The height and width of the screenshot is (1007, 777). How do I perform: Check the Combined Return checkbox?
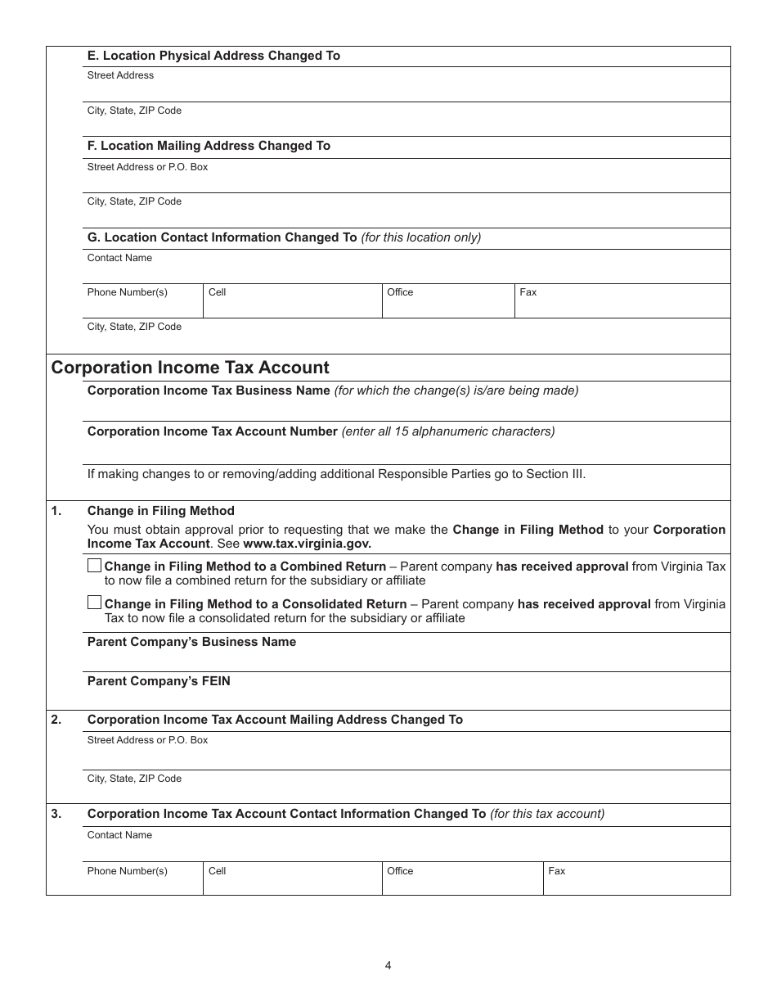[94, 566]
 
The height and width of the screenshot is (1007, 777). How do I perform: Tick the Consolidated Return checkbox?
[94, 603]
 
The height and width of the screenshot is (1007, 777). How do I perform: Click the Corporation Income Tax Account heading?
[190, 368]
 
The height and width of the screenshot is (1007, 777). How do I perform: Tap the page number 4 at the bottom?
[388, 965]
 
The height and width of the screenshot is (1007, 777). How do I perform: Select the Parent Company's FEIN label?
[159, 681]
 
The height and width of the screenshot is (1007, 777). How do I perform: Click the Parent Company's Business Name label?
[191, 642]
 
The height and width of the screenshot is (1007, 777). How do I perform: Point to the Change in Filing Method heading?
[160, 511]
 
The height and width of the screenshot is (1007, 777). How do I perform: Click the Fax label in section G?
[528, 292]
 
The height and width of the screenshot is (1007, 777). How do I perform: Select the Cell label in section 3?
[217, 871]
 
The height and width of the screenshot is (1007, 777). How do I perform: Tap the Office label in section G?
[400, 292]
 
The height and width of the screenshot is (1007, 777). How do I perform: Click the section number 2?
[56, 720]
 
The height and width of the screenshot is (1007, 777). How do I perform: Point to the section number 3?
[56, 814]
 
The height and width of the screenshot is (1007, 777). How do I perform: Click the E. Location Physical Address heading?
[213, 56]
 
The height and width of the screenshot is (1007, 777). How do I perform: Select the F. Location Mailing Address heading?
[209, 146]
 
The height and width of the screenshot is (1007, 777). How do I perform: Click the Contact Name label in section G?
[119, 258]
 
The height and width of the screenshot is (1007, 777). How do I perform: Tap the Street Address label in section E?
[120, 75]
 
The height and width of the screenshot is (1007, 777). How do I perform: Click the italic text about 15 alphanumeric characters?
[447, 431]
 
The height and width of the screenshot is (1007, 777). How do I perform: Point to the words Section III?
[560, 474]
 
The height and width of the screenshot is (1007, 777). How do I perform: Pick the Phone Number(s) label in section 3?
[127, 871]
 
